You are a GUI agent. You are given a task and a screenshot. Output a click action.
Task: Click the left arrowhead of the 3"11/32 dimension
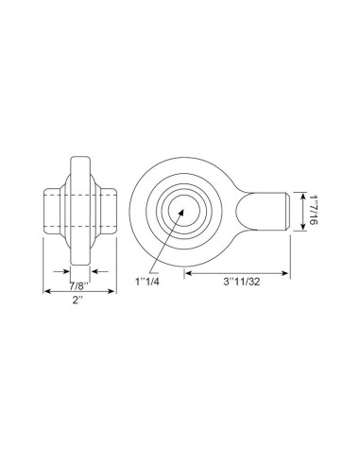click(x=186, y=273)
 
